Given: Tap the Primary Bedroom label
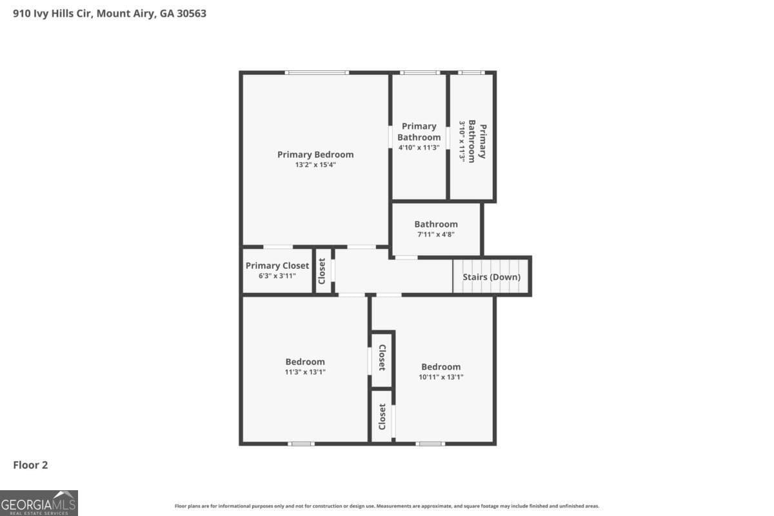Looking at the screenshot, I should (x=315, y=154).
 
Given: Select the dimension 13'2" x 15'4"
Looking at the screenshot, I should (x=315, y=165).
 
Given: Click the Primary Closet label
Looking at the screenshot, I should (x=277, y=265).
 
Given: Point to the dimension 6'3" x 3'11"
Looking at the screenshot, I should (x=277, y=276).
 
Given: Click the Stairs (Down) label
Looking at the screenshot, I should (x=491, y=277).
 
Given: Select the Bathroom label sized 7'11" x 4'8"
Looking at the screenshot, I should (x=436, y=224).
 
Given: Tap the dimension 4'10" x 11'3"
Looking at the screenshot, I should (x=419, y=148).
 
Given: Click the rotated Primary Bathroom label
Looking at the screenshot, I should (x=477, y=141).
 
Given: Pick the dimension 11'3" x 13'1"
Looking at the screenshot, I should (x=305, y=372).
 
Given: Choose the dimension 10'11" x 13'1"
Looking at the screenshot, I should (x=441, y=377).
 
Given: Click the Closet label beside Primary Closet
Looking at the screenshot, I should (x=322, y=271).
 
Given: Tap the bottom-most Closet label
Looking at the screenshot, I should (x=382, y=417).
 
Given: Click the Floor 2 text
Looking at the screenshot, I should (x=31, y=464).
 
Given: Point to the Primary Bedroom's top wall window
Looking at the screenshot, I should (x=317, y=72).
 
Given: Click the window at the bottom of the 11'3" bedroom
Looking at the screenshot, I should (x=301, y=444).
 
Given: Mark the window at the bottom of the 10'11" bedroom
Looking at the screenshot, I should (x=430, y=444).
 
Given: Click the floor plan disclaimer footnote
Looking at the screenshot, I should (x=387, y=506).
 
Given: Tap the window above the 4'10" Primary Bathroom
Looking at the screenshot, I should (x=419, y=72).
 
